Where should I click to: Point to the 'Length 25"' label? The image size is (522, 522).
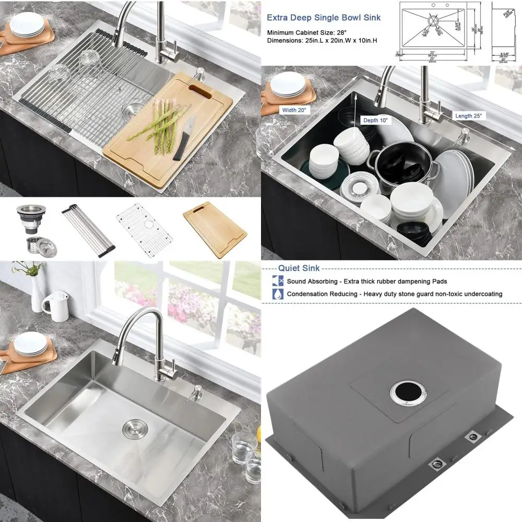470,115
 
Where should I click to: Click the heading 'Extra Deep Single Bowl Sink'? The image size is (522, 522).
324,18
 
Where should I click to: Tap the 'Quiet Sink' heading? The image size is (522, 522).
299,268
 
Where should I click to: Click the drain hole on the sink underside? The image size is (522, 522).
402,391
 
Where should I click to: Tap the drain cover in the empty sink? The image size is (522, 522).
133,428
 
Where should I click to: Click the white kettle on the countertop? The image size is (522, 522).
55,306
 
